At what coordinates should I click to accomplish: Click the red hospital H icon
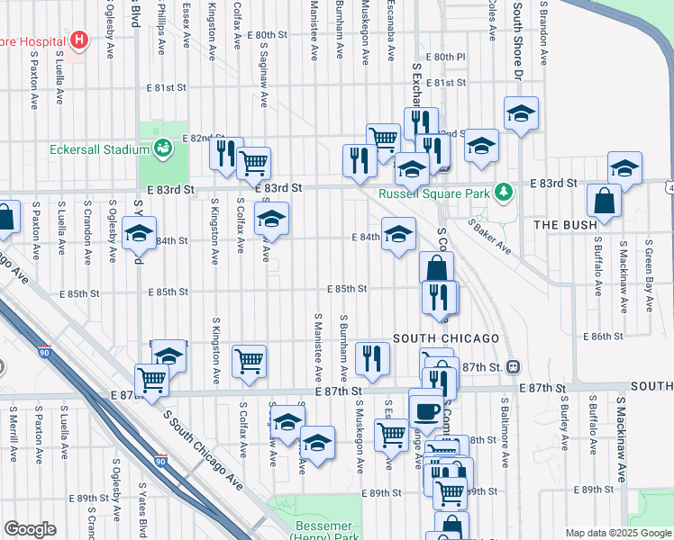click(80, 40)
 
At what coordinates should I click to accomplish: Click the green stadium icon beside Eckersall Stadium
click(163, 147)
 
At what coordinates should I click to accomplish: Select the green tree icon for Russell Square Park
click(507, 192)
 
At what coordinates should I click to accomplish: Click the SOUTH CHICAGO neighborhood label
click(446, 337)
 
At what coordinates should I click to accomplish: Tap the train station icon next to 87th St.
click(513, 366)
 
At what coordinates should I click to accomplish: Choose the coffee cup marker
click(426, 410)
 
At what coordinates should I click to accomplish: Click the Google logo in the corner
click(30, 528)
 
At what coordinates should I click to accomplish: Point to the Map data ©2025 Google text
click(617, 533)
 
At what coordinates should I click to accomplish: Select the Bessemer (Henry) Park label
click(324, 531)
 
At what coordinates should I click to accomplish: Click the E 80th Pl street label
click(447, 57)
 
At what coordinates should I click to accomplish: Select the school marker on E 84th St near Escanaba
click(398, 235)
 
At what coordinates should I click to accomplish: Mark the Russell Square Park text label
click(434, 193)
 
